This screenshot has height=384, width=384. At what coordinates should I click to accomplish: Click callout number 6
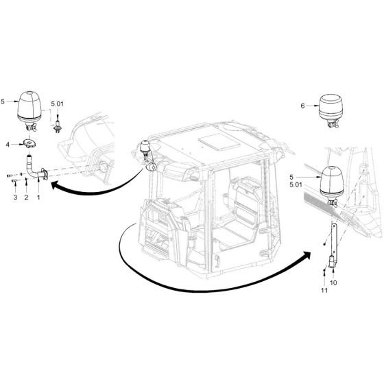click(x=302, y=106)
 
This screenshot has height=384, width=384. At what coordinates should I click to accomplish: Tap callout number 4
click(x=8, y=144)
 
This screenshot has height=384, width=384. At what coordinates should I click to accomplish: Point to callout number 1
click(x=38, y=197)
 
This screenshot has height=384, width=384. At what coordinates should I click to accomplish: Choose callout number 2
click(x=26, y=197)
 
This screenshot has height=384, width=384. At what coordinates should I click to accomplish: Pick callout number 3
click(x=14, y=197)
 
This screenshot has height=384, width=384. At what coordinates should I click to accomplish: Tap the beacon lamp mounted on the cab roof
click(x=145, y=147)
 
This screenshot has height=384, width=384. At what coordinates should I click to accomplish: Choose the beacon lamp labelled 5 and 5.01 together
click(x=333, y=180)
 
